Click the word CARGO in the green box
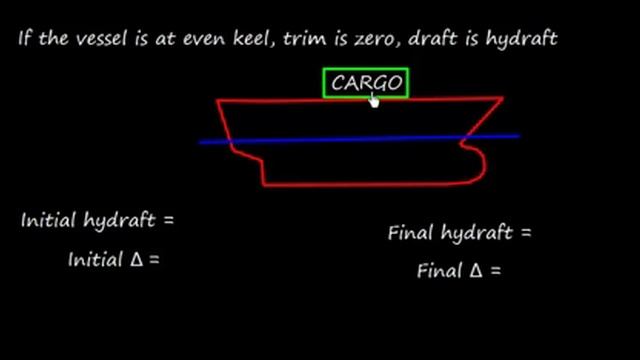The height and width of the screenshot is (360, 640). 366,82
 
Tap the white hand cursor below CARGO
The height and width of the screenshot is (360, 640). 375,99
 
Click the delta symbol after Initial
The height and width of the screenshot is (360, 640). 139,258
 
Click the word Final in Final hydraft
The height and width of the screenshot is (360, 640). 411,233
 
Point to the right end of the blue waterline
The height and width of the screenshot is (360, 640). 517,136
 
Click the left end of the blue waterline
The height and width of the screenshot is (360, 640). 202,142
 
